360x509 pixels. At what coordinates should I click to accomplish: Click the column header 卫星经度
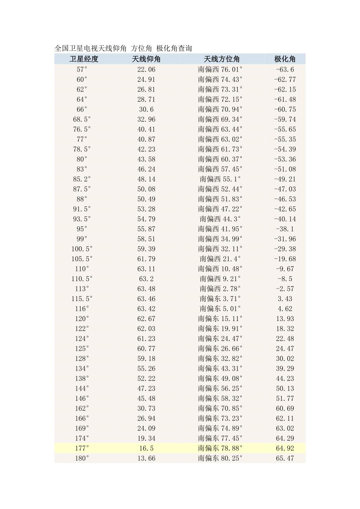tap(84, 59)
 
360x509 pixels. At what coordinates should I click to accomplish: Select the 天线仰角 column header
tap(146, 59)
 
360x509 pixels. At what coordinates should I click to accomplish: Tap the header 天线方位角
tap(221, 59)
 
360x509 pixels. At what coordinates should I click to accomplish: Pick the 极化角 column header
tap(284, 59)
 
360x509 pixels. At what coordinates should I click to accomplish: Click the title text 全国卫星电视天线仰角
tap(90, 48)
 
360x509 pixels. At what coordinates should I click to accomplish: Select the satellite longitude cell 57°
tap(82, 70)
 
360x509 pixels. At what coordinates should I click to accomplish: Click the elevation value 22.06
tap(146, 70)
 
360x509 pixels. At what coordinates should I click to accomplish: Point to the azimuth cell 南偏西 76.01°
tap(220, 70)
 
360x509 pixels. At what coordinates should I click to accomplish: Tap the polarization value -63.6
tap(285, 70)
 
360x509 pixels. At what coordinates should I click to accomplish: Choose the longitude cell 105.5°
tap(82, 259)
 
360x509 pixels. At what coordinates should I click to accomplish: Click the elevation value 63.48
tap(146, 289)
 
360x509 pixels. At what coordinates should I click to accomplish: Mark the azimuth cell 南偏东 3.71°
tap(220, 299)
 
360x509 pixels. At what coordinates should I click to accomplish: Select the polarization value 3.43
tap(285, 299)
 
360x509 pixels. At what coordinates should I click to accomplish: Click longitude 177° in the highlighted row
tap(82, 448)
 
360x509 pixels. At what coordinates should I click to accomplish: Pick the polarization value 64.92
tap(285, 448)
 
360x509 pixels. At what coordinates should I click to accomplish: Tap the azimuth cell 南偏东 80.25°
tap(220, 458)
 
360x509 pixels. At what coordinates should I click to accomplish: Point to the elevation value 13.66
tap(146, 458)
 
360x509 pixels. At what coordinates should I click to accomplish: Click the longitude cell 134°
tap(82, 369)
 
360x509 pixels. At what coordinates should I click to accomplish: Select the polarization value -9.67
tap(285, 269)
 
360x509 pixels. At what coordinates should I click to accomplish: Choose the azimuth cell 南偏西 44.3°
tap(220, 219)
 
